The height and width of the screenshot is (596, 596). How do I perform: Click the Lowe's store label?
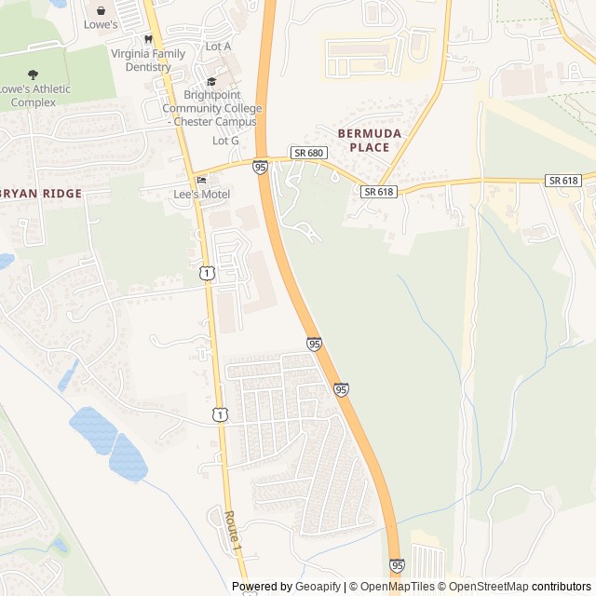click(x=101, y=25)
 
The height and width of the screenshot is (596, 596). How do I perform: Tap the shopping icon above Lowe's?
click(x=101, y=10)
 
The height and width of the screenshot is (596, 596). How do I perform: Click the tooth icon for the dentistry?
click(x=147, y=40)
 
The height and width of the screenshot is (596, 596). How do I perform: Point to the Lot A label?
click(x=218, y=47)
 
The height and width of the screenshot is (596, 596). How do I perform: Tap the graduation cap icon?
click(x=211, y=82)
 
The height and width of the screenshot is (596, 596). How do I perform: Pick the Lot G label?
click(x=225, y=141)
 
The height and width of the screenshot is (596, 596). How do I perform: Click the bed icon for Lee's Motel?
click(x=201, y=180)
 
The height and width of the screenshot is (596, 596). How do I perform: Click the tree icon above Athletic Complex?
click(x=34, y=74)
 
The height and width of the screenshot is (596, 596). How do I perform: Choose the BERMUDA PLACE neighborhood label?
click(x=369, y=141)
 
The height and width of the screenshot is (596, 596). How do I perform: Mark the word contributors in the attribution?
click(x=562, y=587)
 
